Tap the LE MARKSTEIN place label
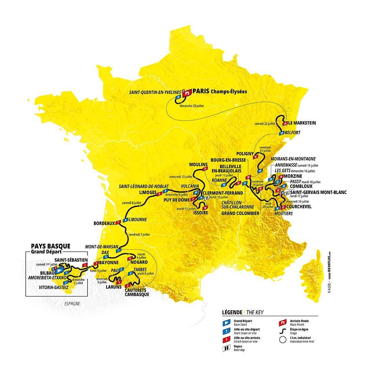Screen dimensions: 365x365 [x=302, y=123]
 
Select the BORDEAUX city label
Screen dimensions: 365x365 [x=104, y=223]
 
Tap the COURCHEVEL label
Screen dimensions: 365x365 [x=299, y=206]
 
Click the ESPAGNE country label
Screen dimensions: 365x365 [x=72, y=303]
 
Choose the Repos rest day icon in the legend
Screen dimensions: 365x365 [x=225, y=348]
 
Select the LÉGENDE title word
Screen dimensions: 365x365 [x=232, y=312]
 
